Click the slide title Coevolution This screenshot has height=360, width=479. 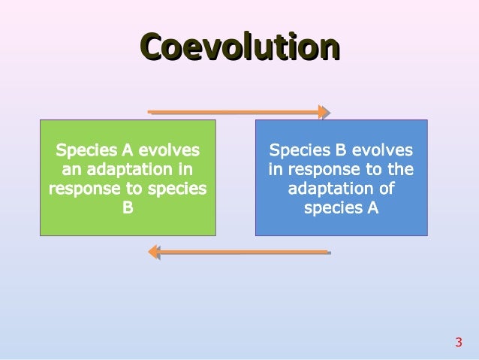click(239, 47)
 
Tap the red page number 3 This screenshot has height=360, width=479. click(458, 343)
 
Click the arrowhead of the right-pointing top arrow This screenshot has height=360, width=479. click(324, 112)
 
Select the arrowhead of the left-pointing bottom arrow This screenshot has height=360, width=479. click(153, 252)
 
